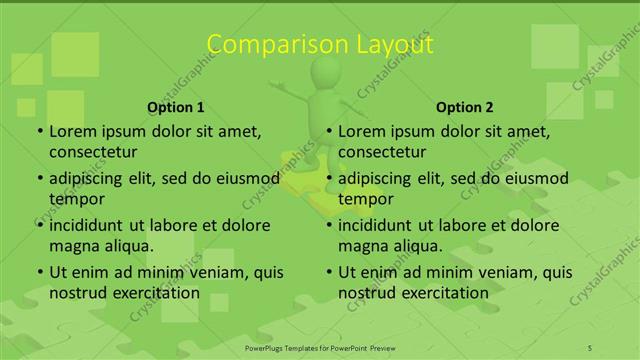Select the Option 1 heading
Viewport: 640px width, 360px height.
coord(176,107)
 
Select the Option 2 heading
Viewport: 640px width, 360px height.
coord(465,107)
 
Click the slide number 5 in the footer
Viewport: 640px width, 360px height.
coord(590,347)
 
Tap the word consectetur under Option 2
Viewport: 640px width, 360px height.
coord(382,151)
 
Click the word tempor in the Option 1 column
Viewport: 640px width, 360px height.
coord(73,198)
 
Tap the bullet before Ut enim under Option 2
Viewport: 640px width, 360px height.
coord(327,273)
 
